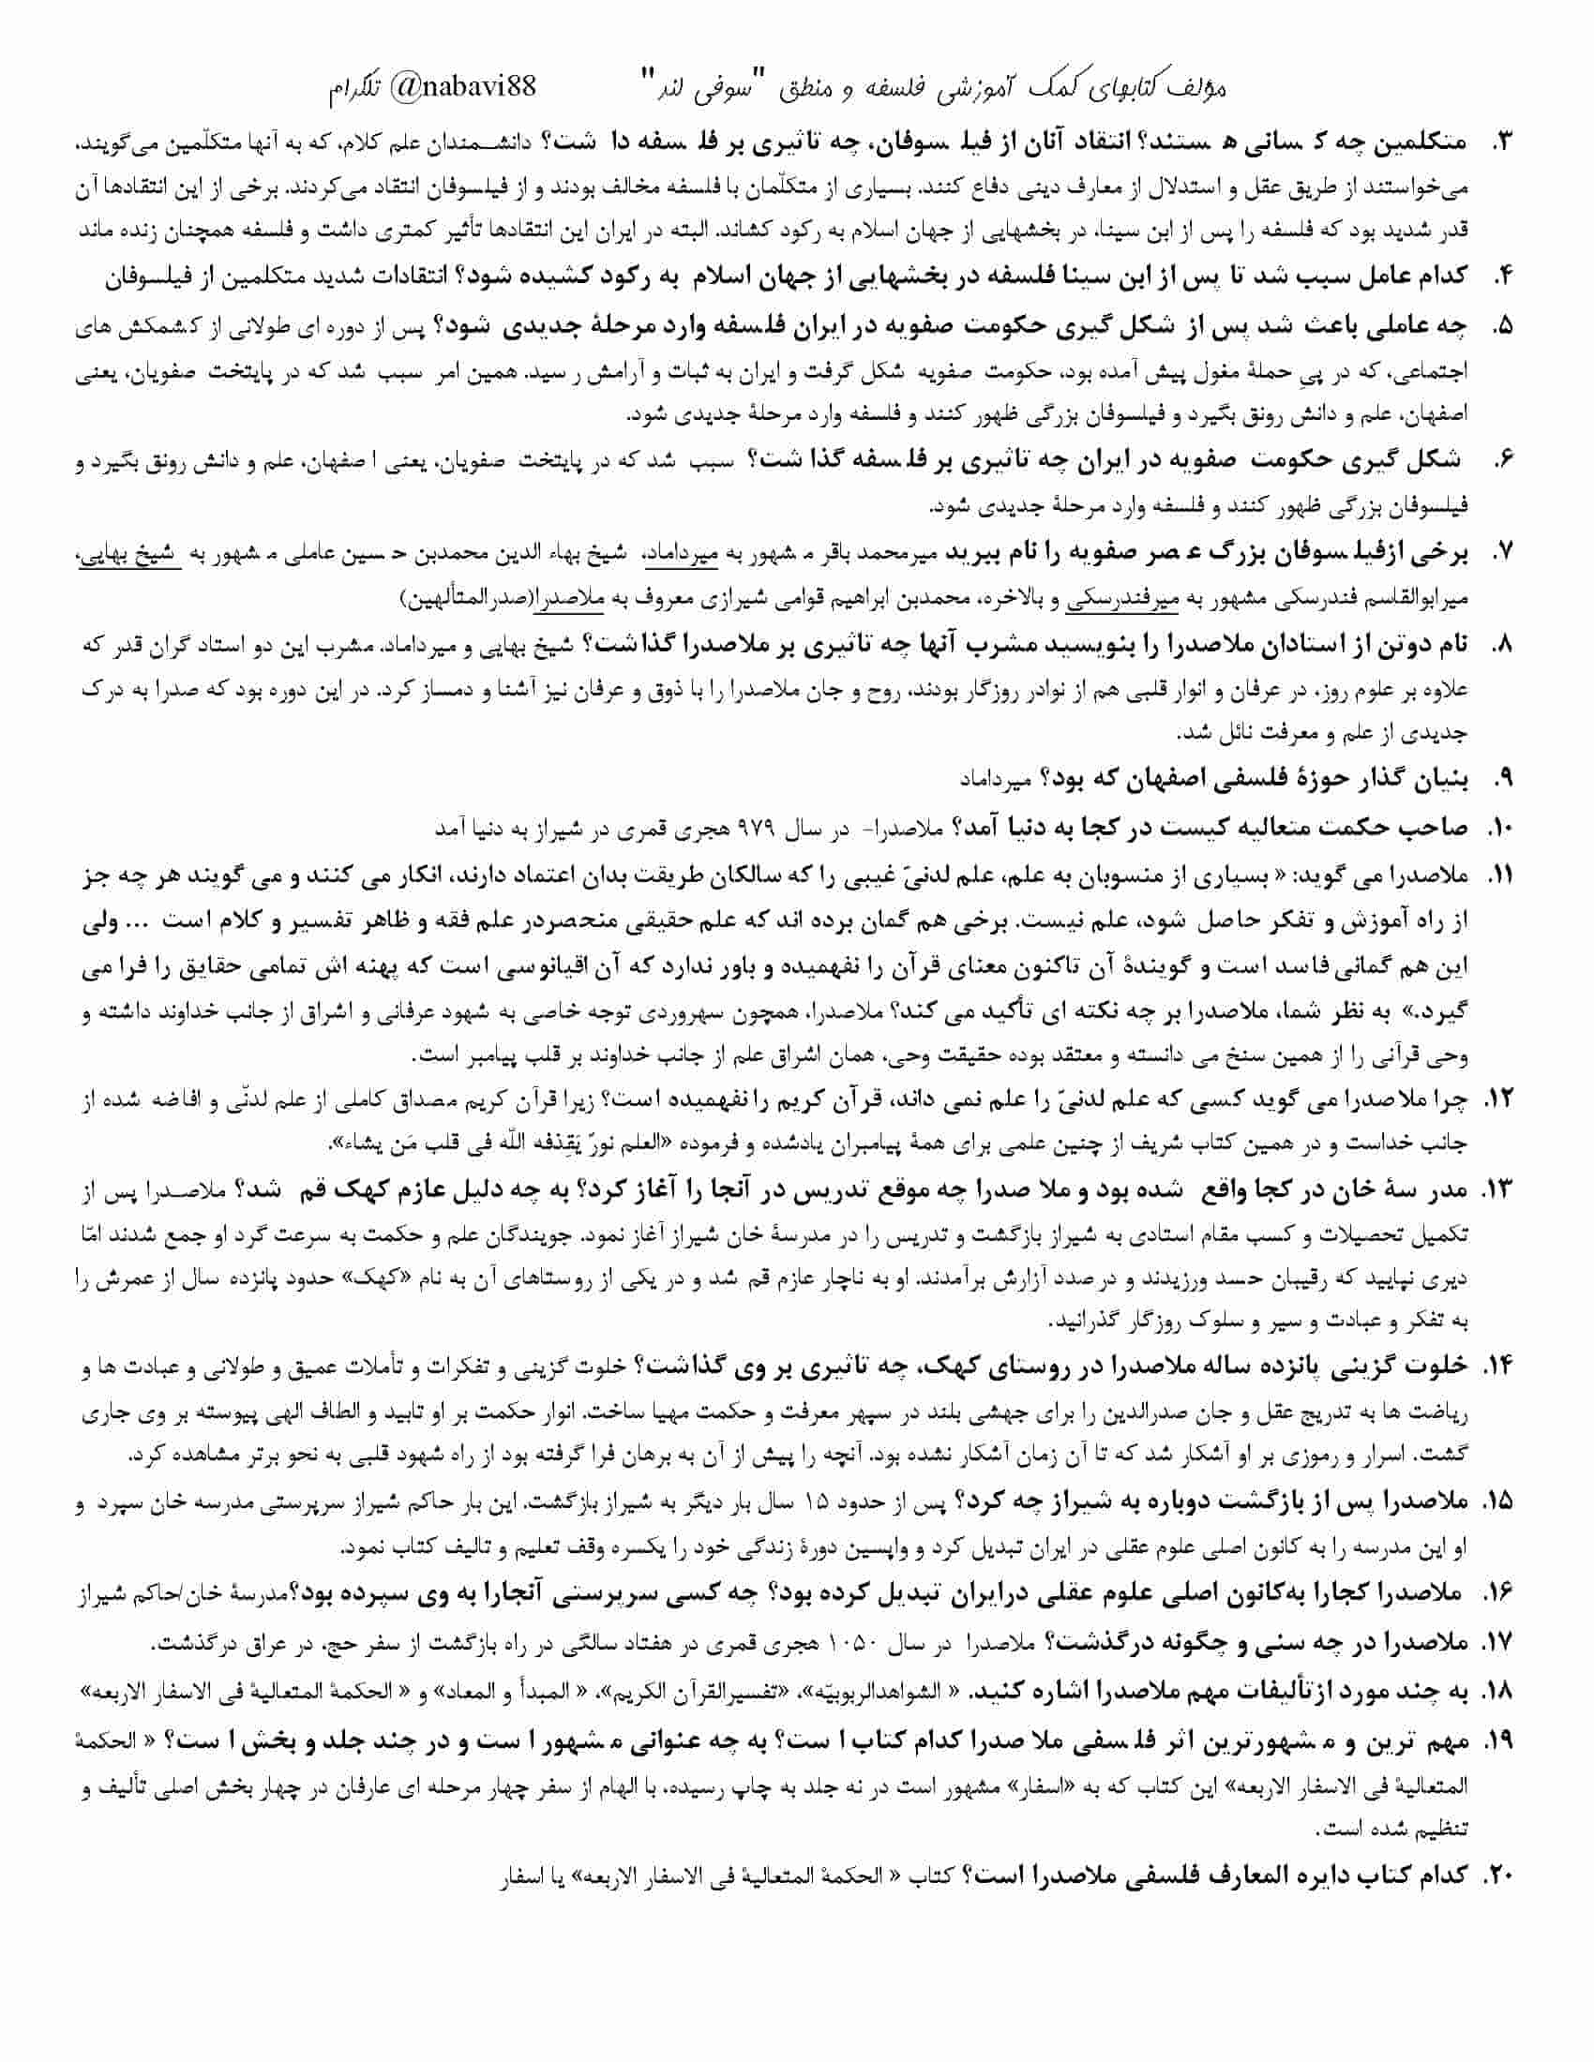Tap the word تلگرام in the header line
tap(356, 90)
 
